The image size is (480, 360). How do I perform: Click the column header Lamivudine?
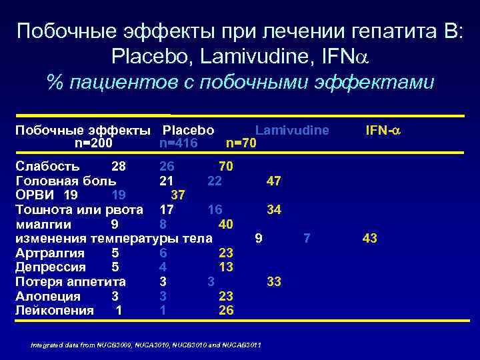292,130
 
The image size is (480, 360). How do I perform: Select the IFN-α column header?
384,130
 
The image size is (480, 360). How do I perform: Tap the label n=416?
179,143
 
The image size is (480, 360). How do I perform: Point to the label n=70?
241,143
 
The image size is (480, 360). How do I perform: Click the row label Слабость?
47,165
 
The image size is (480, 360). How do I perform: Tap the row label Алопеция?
47,296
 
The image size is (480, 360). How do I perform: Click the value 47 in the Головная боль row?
273,180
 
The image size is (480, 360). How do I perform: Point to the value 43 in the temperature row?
369,238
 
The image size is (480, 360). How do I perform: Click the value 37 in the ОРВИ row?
178,195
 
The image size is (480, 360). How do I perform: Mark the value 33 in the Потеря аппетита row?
273,281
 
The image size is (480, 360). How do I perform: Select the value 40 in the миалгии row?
226,224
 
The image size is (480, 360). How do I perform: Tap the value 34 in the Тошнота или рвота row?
273,209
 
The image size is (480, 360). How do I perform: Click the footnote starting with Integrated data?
146,345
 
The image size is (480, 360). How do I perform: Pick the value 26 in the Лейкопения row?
226,310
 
